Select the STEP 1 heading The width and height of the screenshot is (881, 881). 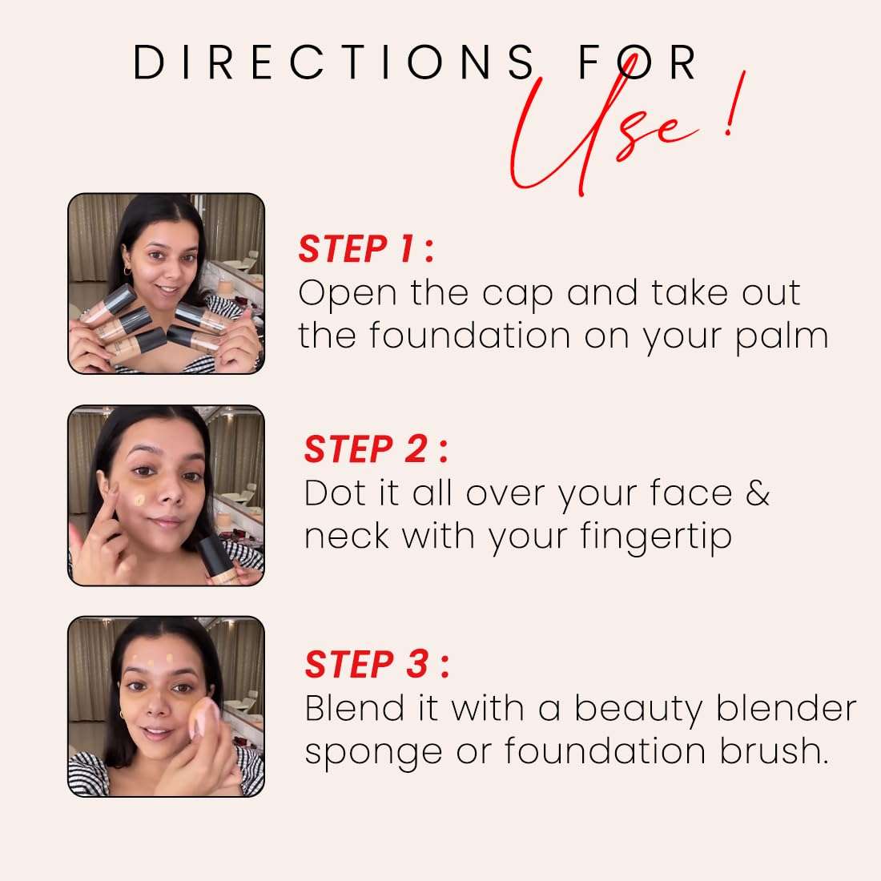[365, 249]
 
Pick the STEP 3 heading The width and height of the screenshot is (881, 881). [376, 665]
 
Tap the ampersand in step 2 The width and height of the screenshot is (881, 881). [757, 493]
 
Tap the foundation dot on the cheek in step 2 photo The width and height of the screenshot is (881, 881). [140, 500]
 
